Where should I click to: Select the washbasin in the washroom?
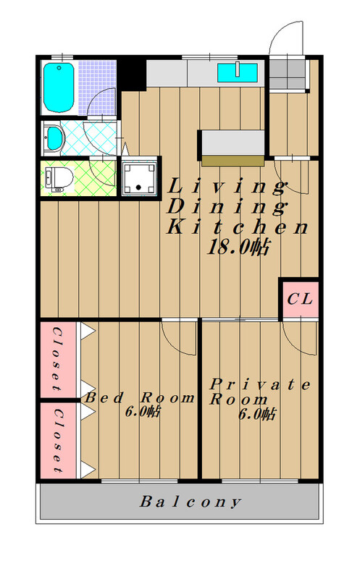pyautogui.click(x=54, y=138)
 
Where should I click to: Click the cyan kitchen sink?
pyautogui.click(x=237, y=72)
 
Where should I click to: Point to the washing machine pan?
pyautogui.click(x=139, y=178)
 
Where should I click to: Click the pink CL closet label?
pyautogui.click(x=300, y=299)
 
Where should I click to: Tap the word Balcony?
pyautogui.click(x=191, y=502)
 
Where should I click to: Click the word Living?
pyautogui.click(x=227, y=187)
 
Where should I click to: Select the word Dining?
pyautogui.click(x=227, y=206)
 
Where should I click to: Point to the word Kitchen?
pyautogui.click(x=238, y=227)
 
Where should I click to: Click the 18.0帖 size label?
pyautogui.click(x=238, y=247)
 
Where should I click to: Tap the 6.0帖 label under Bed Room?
pyautogui.click(x=143, y=411)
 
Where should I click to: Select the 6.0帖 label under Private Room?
pyautogui.click(x=257, y=414)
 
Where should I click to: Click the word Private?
pyautogui.click(x=260, y=385)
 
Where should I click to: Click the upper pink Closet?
pyautogui.click(x=58, y=359)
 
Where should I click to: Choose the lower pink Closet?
pyautogui.click(x=58, y=440)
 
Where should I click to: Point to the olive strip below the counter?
pyautogui.click(x=233, y=161)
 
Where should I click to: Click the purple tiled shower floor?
pyautogui.click(x=97, y=87)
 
